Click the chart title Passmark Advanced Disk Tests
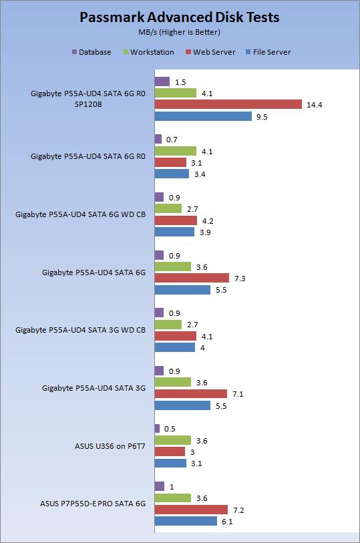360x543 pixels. click(x=180, y=17)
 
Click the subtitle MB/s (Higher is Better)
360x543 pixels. click(x=180, y=31)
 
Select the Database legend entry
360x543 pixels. click(x=94, y=51)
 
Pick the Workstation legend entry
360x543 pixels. click(x=152, y=51)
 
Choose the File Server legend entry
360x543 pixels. click(x=271, y=51)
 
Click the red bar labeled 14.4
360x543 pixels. click(x=228, y=104)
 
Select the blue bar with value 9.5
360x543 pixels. click(x=203, y=116)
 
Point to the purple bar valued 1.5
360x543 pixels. click(x=162, y=81)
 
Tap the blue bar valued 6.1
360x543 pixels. click(x=186, y=521)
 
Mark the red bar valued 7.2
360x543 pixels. click(x=191, y=509)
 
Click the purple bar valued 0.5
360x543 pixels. click(x=157, y=428)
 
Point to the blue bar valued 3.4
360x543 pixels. click(x=172, y=174)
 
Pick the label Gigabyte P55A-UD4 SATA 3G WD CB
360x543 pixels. click(x=80, y=330)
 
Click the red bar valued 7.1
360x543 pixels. click(x=190, y=394)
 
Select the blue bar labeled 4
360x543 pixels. click(x=174, y=347)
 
